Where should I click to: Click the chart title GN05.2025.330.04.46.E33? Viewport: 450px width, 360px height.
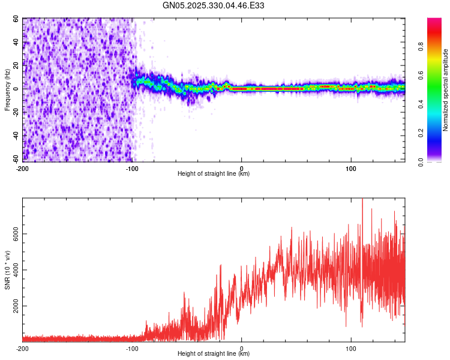[214, 5]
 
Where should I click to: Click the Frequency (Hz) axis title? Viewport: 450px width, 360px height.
[7, 90]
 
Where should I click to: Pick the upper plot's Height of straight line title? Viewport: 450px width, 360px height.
[214, 173]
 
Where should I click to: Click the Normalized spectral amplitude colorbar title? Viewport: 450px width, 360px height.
[445, 90]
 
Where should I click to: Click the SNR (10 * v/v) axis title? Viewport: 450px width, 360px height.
[7, 270]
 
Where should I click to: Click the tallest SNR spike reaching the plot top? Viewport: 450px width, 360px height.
[362, 201]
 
